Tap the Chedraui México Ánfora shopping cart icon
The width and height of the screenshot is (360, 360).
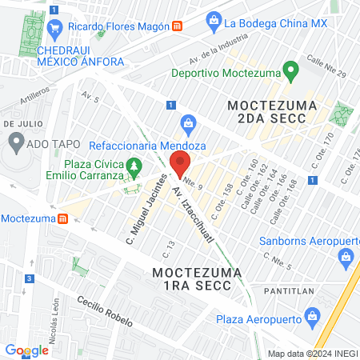[55, 31]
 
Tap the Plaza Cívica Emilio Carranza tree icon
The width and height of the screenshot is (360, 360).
[134, 166]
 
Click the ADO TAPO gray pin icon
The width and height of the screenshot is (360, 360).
[15, 142]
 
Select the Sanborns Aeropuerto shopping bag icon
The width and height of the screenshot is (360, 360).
[346, 257]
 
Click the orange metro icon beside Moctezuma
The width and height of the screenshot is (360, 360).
[62, 218]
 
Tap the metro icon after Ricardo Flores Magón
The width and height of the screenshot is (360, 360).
[175, 26]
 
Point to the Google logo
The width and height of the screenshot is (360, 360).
[26, 350]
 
